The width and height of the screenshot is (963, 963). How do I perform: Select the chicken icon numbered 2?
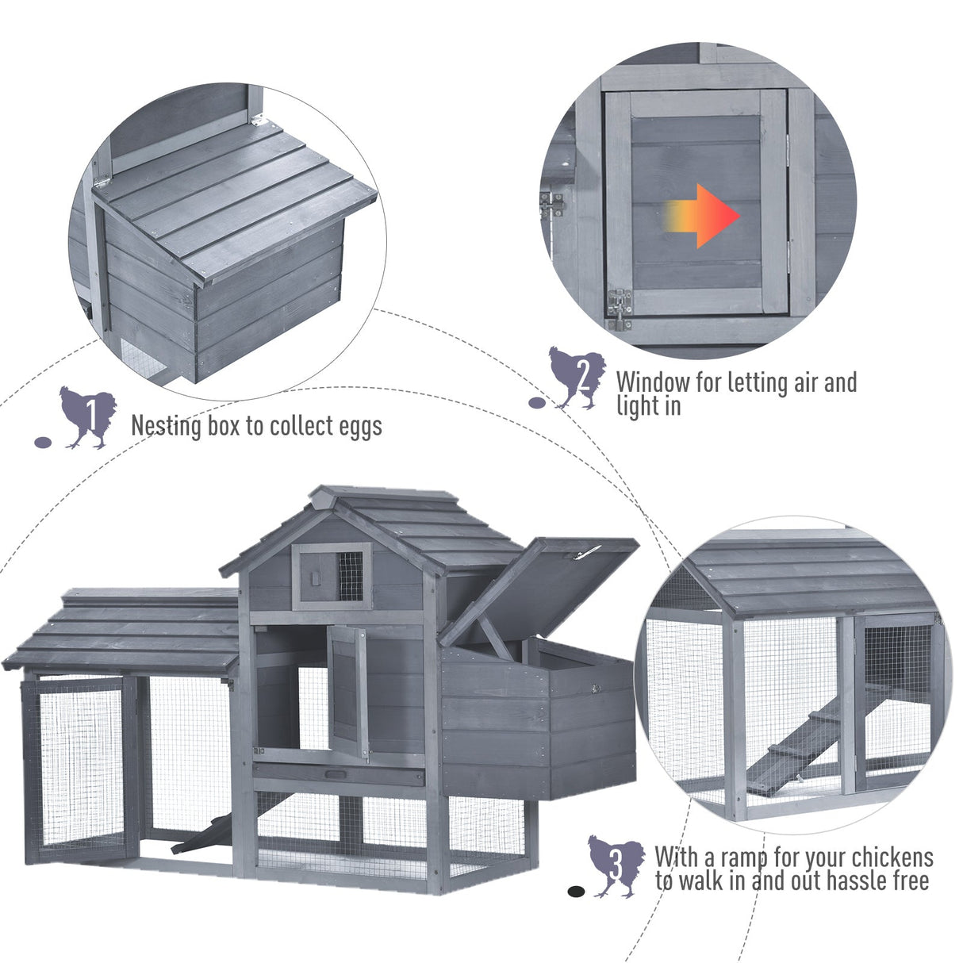(577, 378)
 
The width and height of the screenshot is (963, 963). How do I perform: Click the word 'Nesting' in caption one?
(167, 426)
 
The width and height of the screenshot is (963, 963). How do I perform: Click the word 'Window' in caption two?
(654, 382)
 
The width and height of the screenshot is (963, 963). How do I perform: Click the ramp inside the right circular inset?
(801, 746)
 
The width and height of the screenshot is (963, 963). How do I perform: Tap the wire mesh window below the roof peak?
(350, 575)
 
